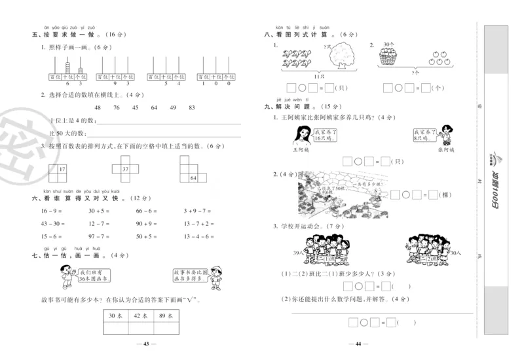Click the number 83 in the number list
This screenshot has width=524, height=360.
(192, 107)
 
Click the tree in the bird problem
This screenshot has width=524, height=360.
(339, 57)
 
